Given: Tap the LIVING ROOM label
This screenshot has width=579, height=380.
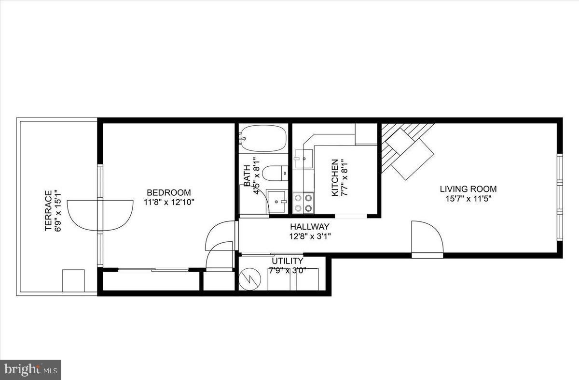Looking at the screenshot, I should [468, 189].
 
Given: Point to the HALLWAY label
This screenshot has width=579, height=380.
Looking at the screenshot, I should [310, 227].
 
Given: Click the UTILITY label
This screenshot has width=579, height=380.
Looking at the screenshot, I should [287, 261].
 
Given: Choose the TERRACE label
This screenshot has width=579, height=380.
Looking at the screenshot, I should [48, 210].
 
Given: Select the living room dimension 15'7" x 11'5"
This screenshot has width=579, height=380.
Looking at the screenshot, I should [468, 198].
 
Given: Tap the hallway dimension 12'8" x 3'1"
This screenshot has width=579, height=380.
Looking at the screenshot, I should [310, 236].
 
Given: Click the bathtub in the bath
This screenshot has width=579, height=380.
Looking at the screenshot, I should [263, 138].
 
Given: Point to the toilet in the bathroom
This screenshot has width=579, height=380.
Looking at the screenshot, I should [275, 173].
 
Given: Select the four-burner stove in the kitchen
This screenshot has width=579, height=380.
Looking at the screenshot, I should [303, 203].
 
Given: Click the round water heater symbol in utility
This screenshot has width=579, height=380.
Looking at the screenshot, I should [250, 279].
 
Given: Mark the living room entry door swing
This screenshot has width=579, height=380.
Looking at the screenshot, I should [427, 237].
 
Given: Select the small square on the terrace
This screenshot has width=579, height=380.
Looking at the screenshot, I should [73, 280].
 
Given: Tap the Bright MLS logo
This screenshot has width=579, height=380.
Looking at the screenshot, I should [30, 370].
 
